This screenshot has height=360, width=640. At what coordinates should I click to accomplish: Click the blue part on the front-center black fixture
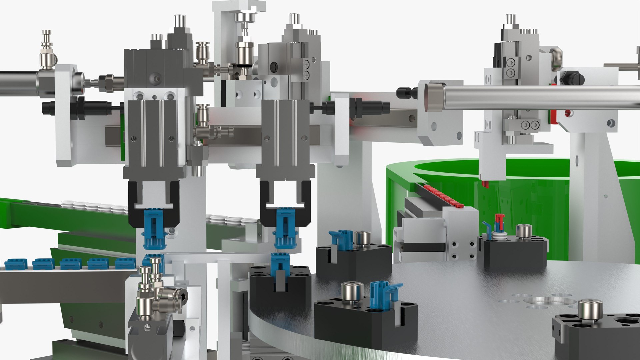click(x=383, y=292)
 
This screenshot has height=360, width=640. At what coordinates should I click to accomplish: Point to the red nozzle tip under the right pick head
click(x=485, y=183)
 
